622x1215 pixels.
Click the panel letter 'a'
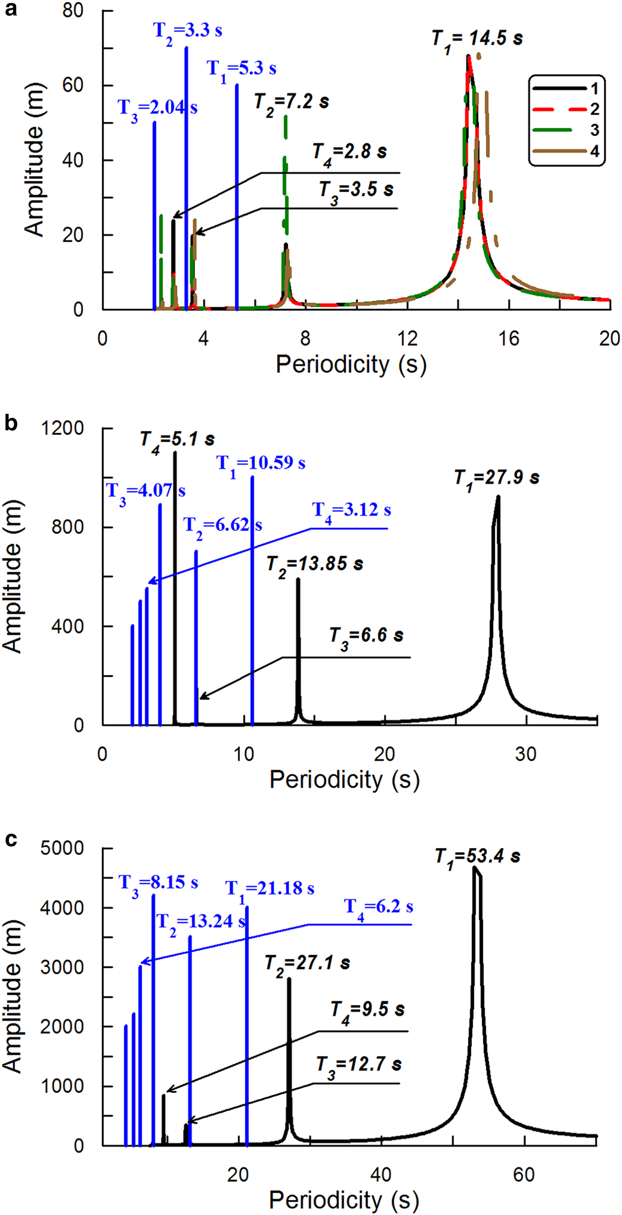point(10,9)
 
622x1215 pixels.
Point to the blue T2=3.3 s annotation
point(187,31)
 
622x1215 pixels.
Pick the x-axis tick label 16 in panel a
point(508,339)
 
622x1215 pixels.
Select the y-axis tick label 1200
point(62,428)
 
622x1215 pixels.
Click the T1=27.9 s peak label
point(497,478)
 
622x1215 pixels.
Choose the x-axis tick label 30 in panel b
point(525,754)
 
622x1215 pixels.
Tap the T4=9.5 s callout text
point(367,1010)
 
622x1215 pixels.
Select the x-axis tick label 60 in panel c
point(523,1175)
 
